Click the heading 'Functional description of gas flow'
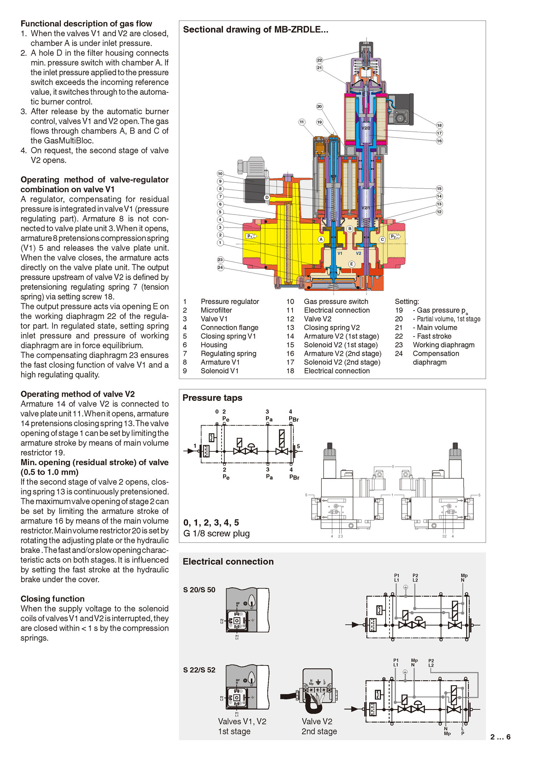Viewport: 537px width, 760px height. pyautogui.click(x=86, y=24)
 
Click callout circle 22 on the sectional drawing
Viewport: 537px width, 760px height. pyautogui.click(x=319, y=60)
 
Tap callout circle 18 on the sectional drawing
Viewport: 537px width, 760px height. pyautogui.click(x=439, y=125)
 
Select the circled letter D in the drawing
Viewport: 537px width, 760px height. pyautogui.click(x=267, y=197)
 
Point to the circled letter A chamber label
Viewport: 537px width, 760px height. pyautogui.click(x=321, y=239)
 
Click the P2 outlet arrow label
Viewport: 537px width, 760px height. pyautogui.click(x=395, y=236)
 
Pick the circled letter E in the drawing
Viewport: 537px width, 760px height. pyautogui.click(x=352, y=264)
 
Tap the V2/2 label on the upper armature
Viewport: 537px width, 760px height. pyautogui.click(x=366, y=128)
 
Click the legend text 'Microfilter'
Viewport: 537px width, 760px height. pyautogui.click(x=216, y=310)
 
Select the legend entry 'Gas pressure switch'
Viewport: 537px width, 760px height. pyautogui.click(x=336, y=302)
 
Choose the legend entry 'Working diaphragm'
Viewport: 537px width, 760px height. pyautogui.click(x=444, y=345)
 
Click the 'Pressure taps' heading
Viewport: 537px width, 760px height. pyautogui.click(x=212, y=398)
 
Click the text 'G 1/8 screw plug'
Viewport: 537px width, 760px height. pyautogui.click(x=217, y=534)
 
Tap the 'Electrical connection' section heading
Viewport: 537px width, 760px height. pyautogui.click(x=228, y=561)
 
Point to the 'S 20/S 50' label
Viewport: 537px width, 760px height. pyautogui.click(x=199, y=590)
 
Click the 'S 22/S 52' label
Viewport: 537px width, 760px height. pyautogui.click(x=199, y=670)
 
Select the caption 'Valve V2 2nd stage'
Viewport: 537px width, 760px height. pyautogui.click(x=319, y=726)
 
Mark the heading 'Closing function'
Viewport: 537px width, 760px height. pyautogui.click(x=53, y=599)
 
